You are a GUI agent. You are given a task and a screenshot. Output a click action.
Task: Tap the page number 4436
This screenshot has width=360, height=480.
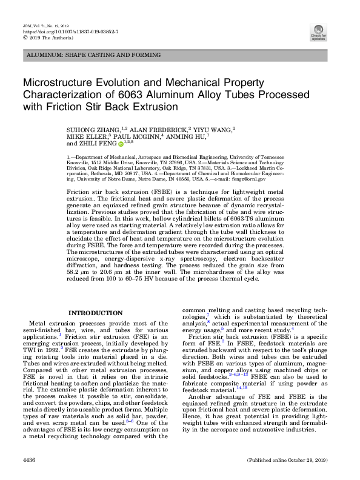pos(28,460)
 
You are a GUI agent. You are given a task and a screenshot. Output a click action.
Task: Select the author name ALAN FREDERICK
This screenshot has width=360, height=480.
pos(149,130)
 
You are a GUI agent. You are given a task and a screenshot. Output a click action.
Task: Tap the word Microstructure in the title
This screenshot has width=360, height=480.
pos(56,82)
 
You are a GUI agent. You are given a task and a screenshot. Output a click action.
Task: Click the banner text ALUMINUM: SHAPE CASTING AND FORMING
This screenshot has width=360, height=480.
pos(79,55)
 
